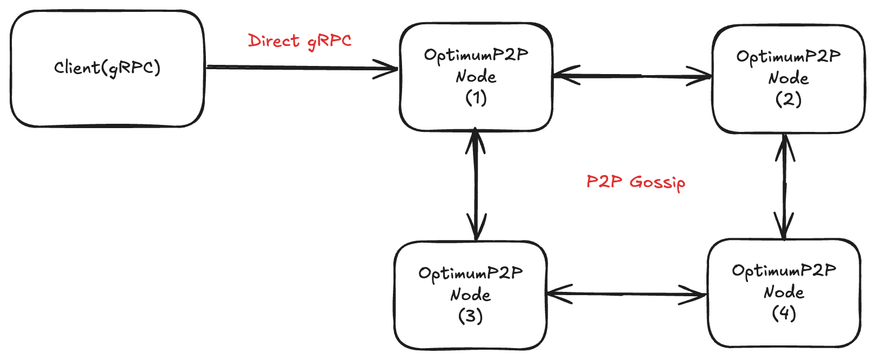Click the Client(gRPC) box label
point(107,68)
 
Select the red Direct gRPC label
point(299,41)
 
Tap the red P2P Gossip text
point(636,182)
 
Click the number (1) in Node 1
point(476,98)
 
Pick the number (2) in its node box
point(788,99)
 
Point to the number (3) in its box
point(470,316)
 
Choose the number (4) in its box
point(784,313)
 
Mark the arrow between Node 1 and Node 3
point(476,184)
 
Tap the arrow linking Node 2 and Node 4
point(784,186)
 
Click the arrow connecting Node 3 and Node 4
point(627,294)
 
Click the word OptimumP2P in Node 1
point(476,55)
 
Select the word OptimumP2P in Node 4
point(784,270)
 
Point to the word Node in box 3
point(470,295)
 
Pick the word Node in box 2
point(788,78)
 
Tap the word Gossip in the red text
point(657,182)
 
